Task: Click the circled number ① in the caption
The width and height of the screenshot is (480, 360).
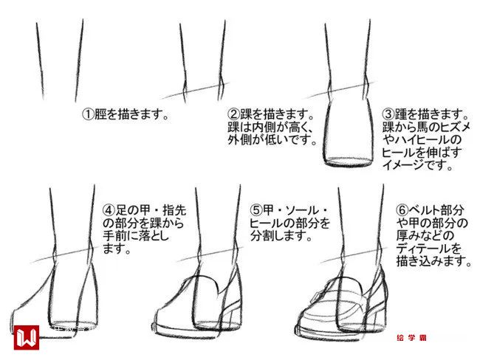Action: pyautogui.click(x=88, y=114)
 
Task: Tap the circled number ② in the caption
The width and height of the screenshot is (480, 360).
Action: pyautogui.click(x=233, y=114)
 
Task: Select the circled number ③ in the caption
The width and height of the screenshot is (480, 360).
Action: pyautogui.click(x=388, y=114)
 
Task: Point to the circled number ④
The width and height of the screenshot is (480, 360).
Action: pyautogui.click(x=109, y=210)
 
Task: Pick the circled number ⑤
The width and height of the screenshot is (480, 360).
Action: pyautogui.click(x=256, y=210)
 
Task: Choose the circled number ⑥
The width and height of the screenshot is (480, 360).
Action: pyautogui.click(x=402, y=210)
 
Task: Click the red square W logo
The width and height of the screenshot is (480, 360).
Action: pyautogui.click(x=27, y=337)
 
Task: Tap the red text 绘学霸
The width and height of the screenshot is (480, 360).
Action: pyautogui.click(x=411, y=338)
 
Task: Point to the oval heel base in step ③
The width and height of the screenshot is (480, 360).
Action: pyautogui.click(x=349, y=162)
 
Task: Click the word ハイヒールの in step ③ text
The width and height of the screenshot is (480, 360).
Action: pyautogui.click(x=422, y=140)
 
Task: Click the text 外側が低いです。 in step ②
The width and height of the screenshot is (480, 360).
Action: pyautogui.click(x=272, y=140)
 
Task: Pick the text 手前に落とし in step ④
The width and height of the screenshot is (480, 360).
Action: pyautogui.click(x=136, y=236)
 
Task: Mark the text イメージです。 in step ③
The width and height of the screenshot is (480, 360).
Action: pyautogui.click(x=418, y=165)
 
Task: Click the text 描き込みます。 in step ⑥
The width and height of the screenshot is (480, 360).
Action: pyautogui.click(x=434, y=261)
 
